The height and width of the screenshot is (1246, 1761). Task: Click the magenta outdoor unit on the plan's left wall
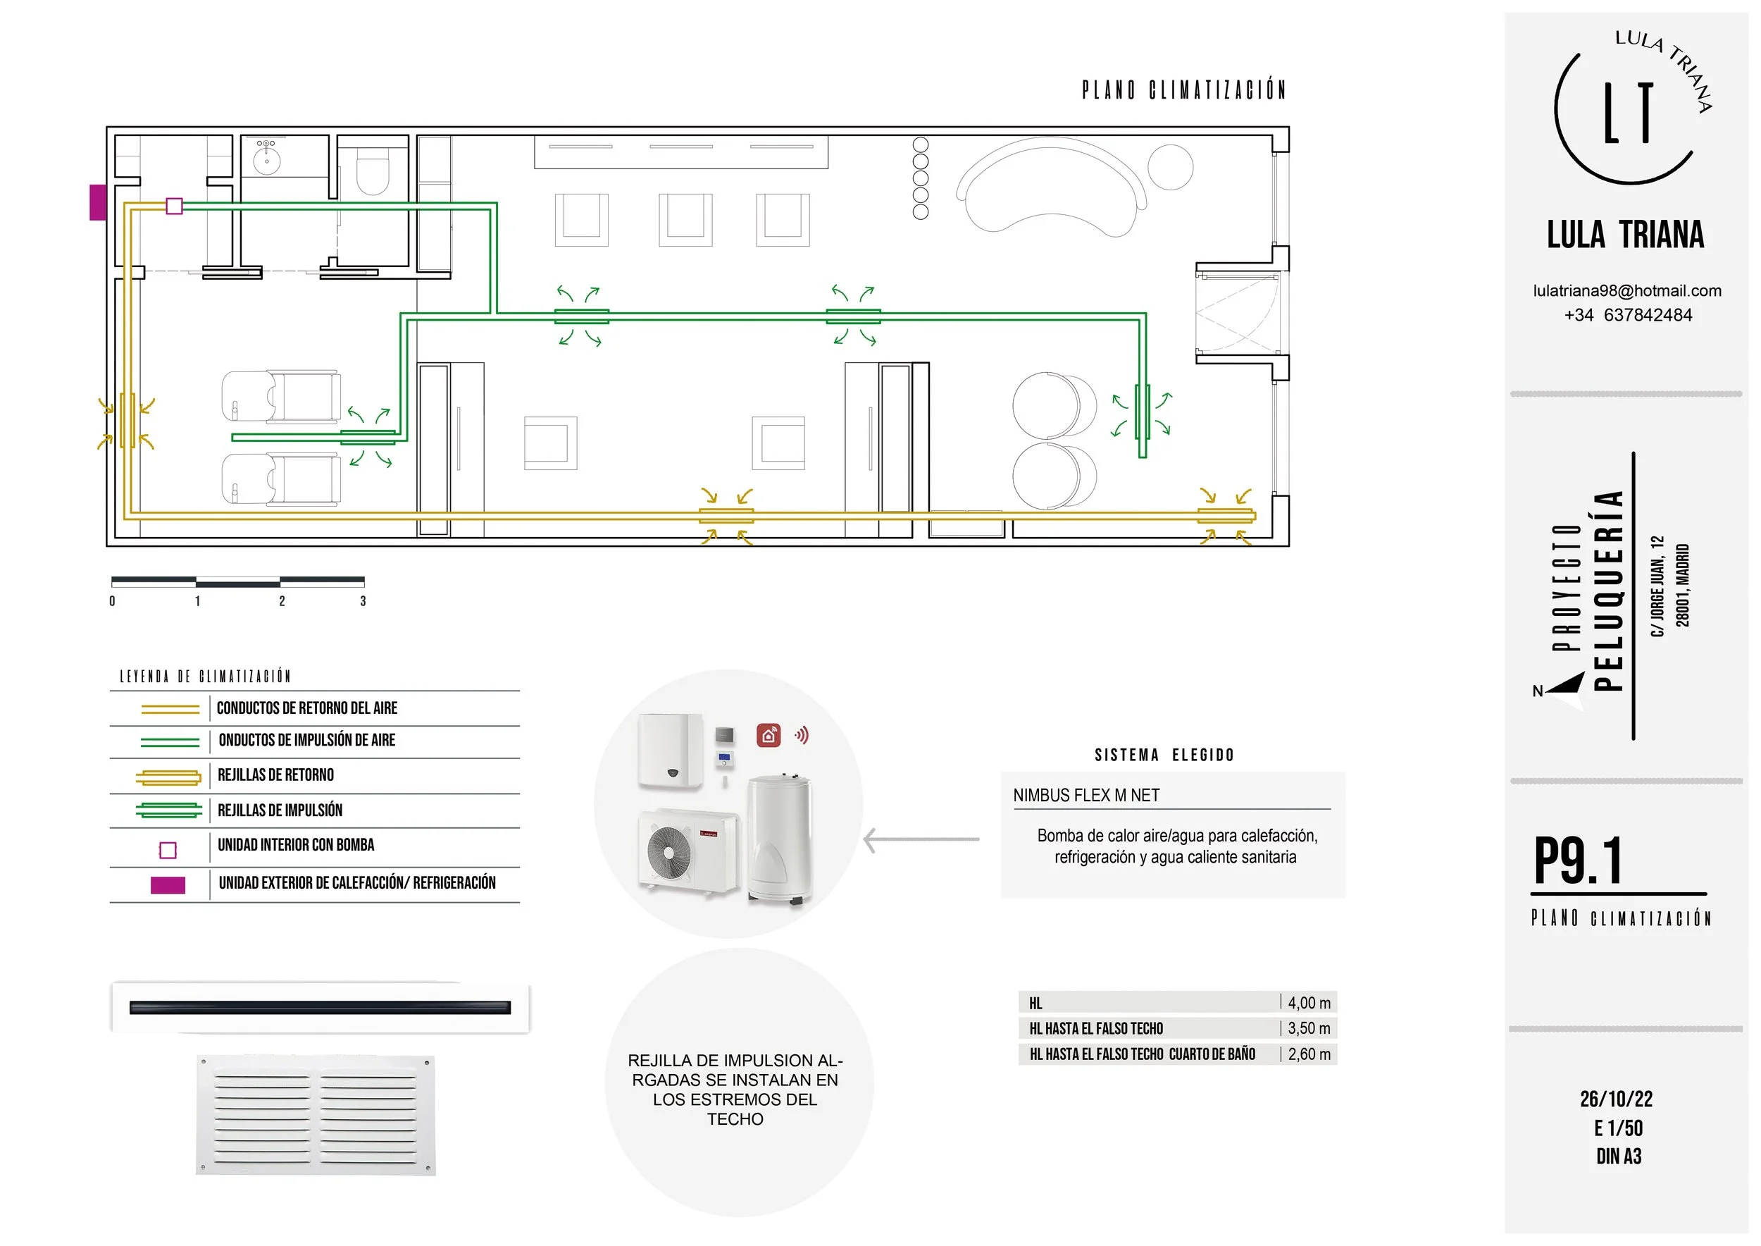[x=97, y=202]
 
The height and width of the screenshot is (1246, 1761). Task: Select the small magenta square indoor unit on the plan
[x=174, y=206]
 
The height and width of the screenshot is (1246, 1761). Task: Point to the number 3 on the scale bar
[x=363, y=602]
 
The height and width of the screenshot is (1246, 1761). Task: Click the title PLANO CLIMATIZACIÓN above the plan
[x=1183, y=90]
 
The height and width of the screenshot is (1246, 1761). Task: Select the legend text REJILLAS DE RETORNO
[x=275, y=775]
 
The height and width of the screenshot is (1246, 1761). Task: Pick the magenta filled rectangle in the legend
[x=168, y=885]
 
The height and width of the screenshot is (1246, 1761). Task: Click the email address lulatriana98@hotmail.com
[x=1626, y=291]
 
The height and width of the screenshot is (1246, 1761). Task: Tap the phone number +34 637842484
[x=1628, y=315]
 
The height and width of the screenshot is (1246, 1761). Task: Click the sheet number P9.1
[x=1578, y=861]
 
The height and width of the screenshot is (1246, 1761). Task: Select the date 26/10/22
[x=1616, y=1099]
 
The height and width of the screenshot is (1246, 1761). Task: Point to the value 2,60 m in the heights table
[x=1309, y=1055]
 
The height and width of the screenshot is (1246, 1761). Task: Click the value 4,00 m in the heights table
[x=1309, y=1003]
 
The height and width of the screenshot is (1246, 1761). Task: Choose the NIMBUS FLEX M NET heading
[x=1086, y=796]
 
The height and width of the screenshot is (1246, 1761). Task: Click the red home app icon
[x=769, y=735]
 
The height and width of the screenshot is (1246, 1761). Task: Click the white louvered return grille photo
[x=316, y=1116]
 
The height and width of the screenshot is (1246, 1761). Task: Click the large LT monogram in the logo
[x=1628, y=113]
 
